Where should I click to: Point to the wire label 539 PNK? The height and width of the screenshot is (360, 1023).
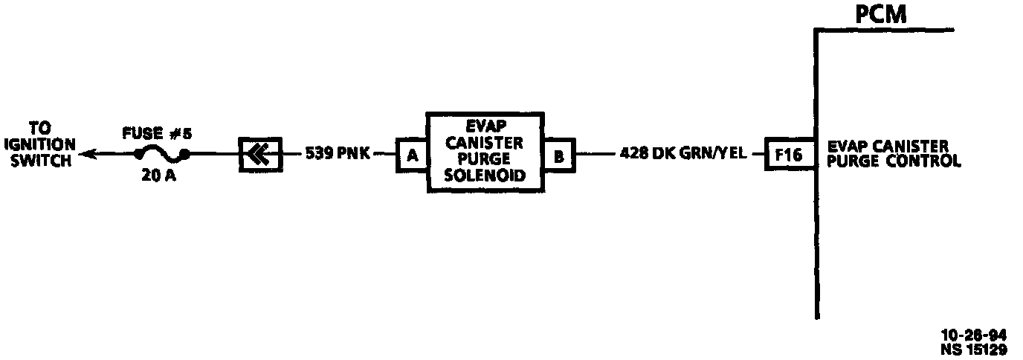(337, 154)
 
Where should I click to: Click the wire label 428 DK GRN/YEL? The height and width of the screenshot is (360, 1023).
(682, 154)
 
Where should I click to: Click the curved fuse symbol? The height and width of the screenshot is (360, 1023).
(159, 155)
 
